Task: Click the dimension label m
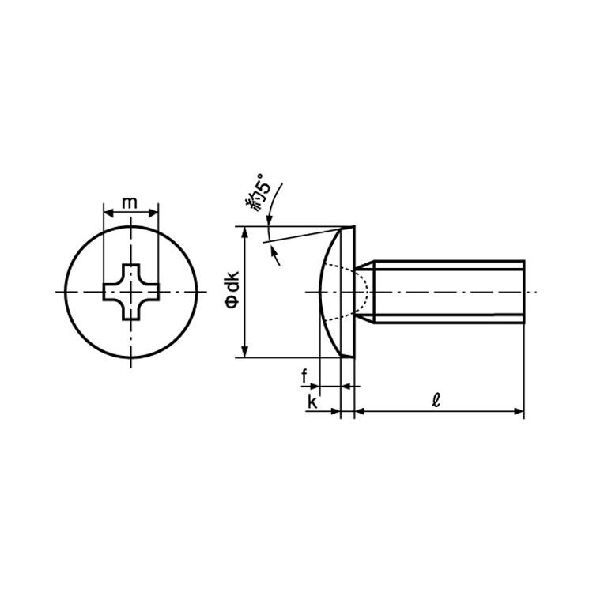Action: pyautogui.click(x=130, y=203)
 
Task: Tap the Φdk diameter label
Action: pyautogui.click(x=232, y=289)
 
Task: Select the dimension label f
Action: pyautogui.click(x=304, y=376)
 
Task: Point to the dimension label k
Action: pyautogui.click(x=312, y=402)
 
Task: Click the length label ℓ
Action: pyautogui.click(x=436, y=400)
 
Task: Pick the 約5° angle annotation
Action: pyautogui.click(x=259, y=193)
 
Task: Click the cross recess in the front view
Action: pyautogui.click(x=131, y=292)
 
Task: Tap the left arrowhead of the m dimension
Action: pyautogui.click(x=108, y=213)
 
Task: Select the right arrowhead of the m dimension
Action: pyautogui.click(x=153, y=213)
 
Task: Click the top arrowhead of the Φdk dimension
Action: pyautogui.click(x=245, y=232)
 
